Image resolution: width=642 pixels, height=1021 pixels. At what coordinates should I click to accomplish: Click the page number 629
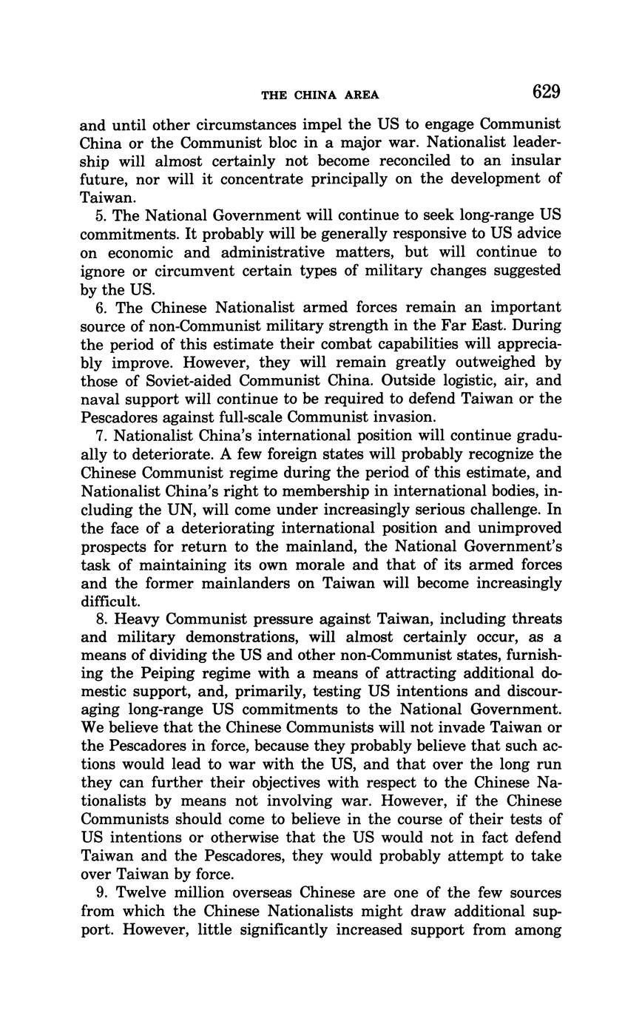pos(546,92)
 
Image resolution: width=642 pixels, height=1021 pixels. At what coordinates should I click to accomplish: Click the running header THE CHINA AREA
pos(320,95)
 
